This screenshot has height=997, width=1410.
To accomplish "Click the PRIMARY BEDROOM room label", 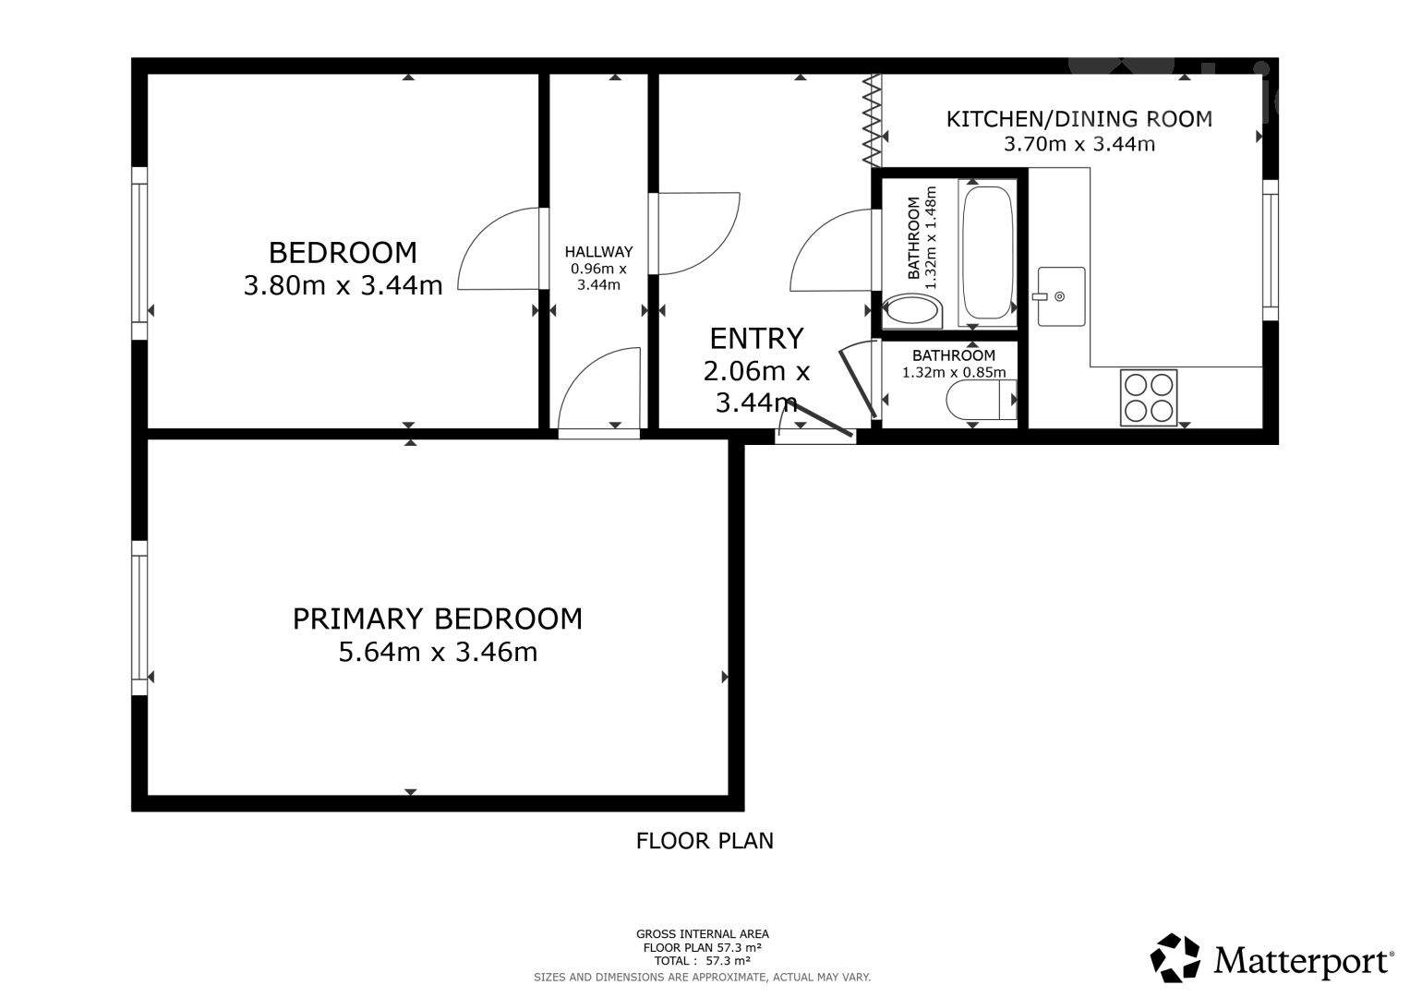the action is click(x=438, y=619).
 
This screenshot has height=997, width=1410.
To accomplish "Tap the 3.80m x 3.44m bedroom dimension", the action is click(x=343, y=286).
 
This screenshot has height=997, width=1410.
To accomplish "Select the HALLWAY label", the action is click(x=598, y=252).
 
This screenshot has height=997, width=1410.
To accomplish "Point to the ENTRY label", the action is click(x=756, y=339).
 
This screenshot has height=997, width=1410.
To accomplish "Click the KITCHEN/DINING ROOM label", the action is click(x=1079, y=119).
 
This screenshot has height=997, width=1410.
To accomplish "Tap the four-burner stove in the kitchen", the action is click(x=1149, y=397).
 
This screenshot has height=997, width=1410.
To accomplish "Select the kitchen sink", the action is click(x=1061, y=296).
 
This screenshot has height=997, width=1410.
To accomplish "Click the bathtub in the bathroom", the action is click(x=988, y=253).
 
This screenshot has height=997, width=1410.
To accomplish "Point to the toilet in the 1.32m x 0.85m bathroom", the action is click(x=982, y=400).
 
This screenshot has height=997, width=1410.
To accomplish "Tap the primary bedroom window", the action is click(x=139, y=618).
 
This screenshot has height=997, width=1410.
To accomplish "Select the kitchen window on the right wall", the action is click(x=1271, y=250).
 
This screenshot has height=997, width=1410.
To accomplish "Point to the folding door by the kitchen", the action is click(x=872, y=120).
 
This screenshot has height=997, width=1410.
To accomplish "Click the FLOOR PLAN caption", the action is click(x=705, y=841).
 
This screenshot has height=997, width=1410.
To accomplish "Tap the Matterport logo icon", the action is click(x=1175, y=957).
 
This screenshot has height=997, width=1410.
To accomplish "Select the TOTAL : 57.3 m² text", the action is click(x=702, y=961).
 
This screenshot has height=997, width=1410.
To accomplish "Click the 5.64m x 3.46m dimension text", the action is click(x=438, y=652).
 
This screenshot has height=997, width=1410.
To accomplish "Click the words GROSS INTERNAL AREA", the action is click(x=703, y=934).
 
